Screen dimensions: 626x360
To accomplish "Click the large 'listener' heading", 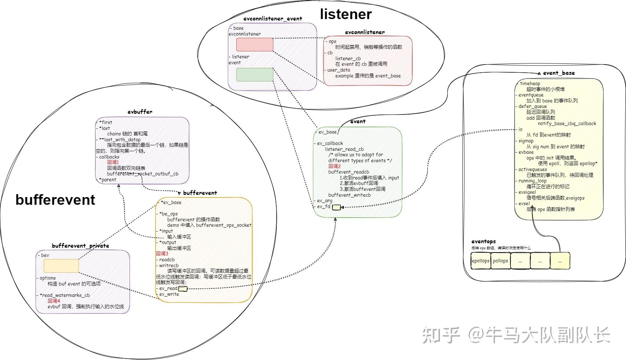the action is [x=346, y=14].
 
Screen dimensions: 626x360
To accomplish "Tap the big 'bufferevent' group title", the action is [x=55, y=200].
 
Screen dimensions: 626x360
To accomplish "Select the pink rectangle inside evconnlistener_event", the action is [x=255, y=44].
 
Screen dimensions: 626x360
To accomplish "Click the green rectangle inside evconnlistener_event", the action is [x=255, y=74].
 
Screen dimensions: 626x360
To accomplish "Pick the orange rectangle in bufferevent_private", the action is [x=61, y=266].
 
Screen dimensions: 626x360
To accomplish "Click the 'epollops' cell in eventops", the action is [x=481, y=261].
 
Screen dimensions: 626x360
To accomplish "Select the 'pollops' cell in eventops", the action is [x=501, y=261].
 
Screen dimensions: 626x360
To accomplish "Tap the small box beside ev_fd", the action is [x=336, y=207].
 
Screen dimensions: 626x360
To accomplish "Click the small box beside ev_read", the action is [x=182, y=289].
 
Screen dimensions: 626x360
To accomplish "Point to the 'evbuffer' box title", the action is [x=140, y=112].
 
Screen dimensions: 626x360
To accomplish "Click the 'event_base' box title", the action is [x=559, y=73].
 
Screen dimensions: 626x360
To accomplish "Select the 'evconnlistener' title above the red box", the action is [x=365, y=32].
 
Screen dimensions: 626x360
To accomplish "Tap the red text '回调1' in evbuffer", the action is [x=113, y=162].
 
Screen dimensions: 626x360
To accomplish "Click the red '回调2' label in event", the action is [x=335, y=166].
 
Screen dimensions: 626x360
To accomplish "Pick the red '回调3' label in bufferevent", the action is [x=162, y=254].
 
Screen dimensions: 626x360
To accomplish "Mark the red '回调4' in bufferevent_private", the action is [x=54, y=301].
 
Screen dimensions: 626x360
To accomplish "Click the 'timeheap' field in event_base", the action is [x=530, y=83].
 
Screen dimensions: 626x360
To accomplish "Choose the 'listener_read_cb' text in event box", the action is [x=344, y=149].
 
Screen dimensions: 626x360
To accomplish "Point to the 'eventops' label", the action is [x=484, y=241].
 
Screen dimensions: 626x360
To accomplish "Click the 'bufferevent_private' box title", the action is [x=80, y=246].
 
